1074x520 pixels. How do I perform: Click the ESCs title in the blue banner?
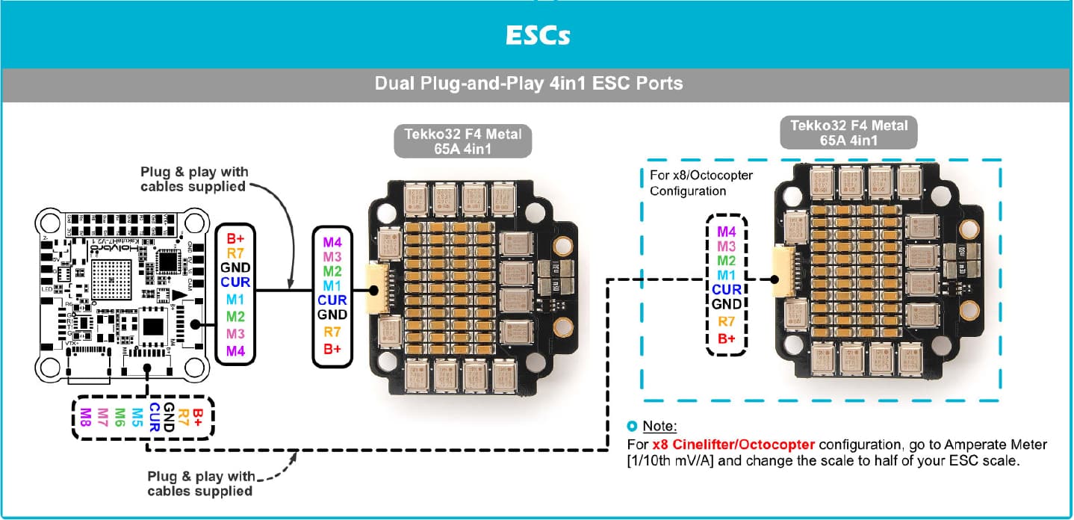[536, 36]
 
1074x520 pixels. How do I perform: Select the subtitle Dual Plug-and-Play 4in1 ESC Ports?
[529, 83]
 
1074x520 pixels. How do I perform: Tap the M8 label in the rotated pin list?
[84, 418]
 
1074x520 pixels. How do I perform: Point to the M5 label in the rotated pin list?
[137, 418]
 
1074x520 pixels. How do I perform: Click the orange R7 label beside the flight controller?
[235, 253]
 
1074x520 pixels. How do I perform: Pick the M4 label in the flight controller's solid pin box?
[235, 350]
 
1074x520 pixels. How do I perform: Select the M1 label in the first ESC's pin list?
[332, 285]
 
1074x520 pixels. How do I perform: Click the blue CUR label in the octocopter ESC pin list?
[726, 290]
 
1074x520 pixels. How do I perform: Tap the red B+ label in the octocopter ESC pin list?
[726, 338]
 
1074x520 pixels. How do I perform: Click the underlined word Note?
[659, 427]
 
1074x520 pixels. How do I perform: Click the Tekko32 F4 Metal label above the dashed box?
[848, 132]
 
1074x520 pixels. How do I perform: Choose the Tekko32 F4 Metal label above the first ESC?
[463, 141]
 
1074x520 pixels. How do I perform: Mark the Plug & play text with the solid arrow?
[194, 179]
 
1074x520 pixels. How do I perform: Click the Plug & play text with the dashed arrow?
[200, 483]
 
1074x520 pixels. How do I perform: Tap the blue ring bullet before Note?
[633, 427]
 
